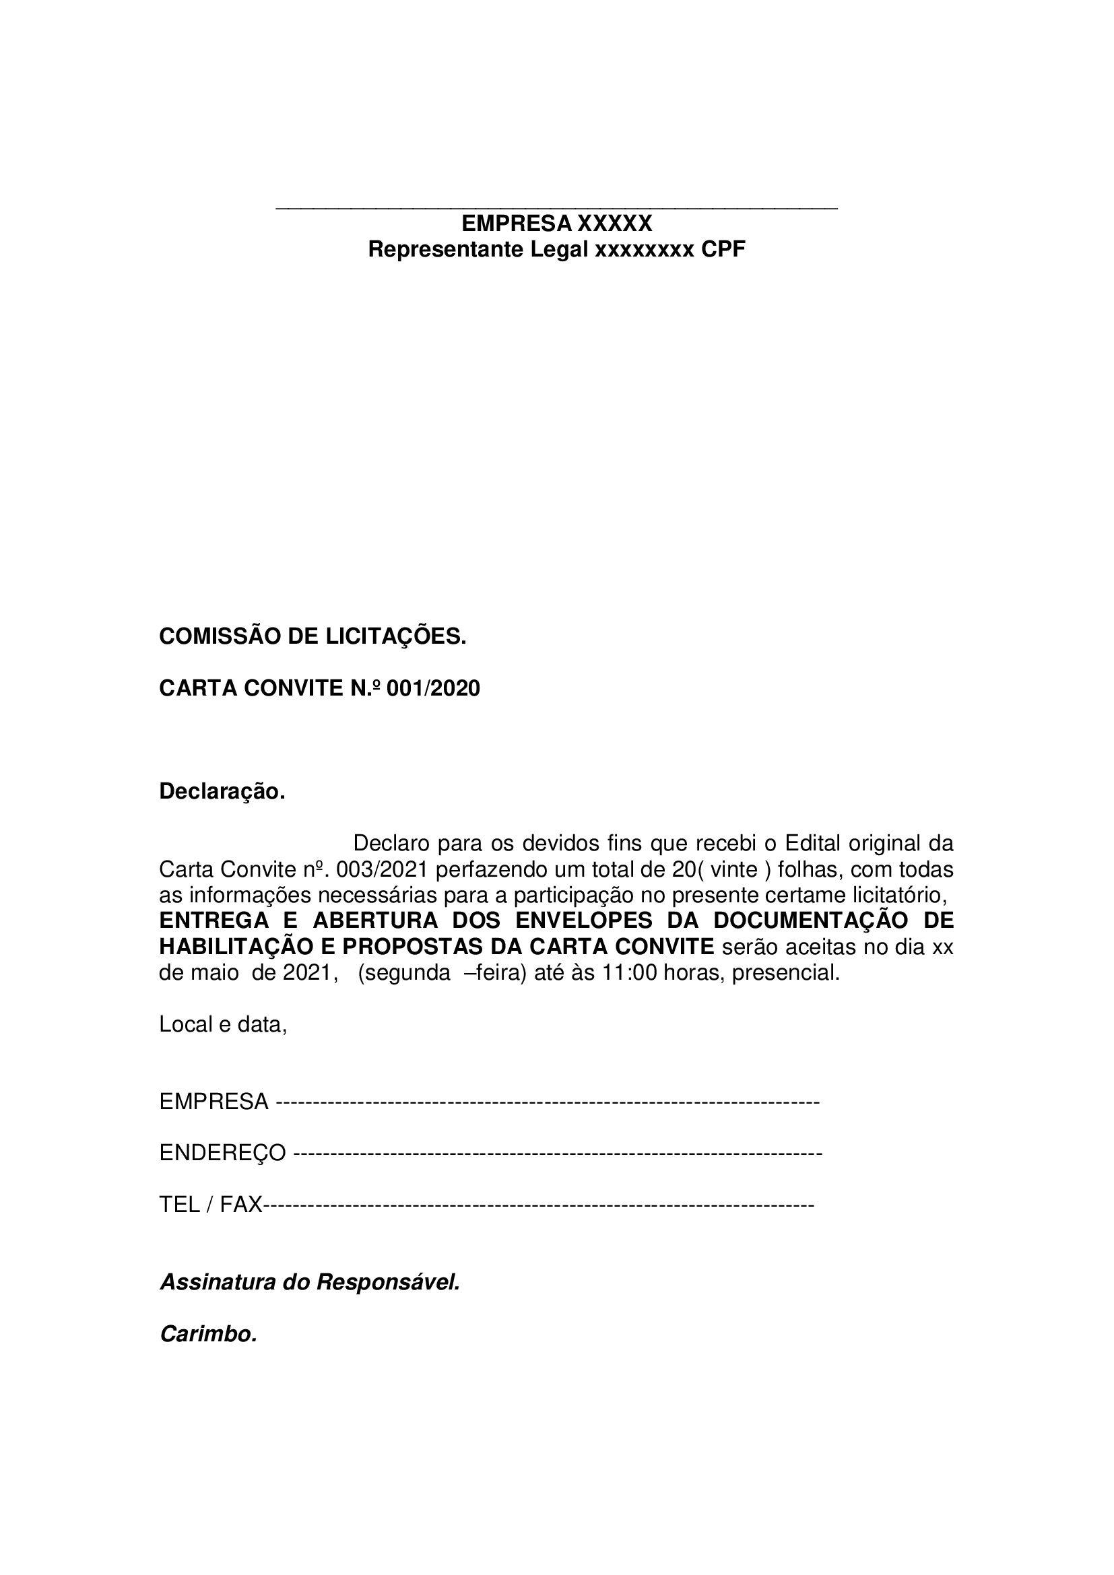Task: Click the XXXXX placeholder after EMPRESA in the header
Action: tap(614, 224)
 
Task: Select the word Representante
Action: tap(445, 250)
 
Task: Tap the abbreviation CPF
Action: tap(722, 250)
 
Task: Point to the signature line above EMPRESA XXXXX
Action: tap(556, 207)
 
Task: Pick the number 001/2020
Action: tap(434, 688)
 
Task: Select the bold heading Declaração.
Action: tap(222, 792)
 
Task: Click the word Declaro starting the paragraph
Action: tap(391, 843)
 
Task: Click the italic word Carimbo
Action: tap(208, 1333)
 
